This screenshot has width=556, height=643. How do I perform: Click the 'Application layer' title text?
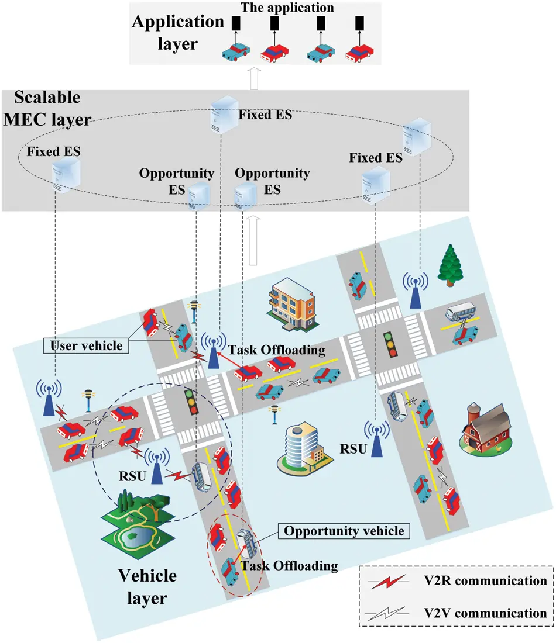(x=177, y=32)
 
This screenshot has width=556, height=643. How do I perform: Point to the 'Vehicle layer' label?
(x=147, y=586)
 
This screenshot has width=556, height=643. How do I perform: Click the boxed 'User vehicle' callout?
(x=87, y=345)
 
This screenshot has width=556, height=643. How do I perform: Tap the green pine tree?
(x=451, y=265)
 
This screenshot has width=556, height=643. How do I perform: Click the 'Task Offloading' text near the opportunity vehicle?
(x=289, y=565)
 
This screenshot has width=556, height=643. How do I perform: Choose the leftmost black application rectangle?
(x=236, y=23)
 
